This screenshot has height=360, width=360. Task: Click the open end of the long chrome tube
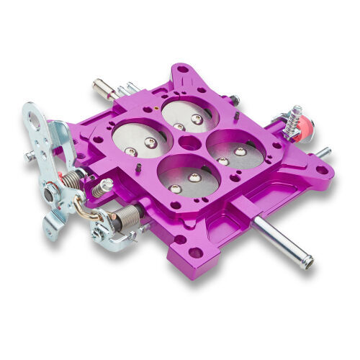(307, 263)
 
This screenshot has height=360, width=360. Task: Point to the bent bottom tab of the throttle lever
(51, 230)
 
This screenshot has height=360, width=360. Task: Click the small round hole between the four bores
(188, 143)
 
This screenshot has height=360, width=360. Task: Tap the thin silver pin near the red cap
(323, 153)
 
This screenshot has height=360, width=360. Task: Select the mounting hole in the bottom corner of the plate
(194, 252)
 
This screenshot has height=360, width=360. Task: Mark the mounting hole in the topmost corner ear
(183, 71)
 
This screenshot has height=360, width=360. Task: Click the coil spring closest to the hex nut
(72, 180)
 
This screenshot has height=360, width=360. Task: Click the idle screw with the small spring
(102, 188)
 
